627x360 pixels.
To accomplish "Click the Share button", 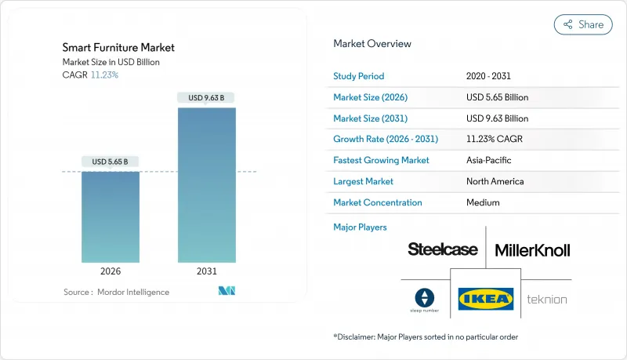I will [583, 24].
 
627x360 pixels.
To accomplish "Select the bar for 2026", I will [111, 216].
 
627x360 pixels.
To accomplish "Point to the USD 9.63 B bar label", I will [207, 98].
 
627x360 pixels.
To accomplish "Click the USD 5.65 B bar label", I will [111, 162].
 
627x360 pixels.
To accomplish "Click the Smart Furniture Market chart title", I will [118, 48].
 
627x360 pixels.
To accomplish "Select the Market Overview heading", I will [372, 44].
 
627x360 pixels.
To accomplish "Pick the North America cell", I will [495, 181].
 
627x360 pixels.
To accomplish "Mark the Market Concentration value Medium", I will [484, 202].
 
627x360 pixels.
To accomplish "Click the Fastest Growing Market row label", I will [381, 160].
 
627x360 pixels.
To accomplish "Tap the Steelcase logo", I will [442, 249].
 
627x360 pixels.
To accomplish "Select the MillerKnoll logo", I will [532, 250].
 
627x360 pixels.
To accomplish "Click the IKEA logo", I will [486, 299].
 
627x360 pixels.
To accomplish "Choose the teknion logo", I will [546, 299].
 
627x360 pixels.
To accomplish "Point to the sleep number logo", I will [424, 299].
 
